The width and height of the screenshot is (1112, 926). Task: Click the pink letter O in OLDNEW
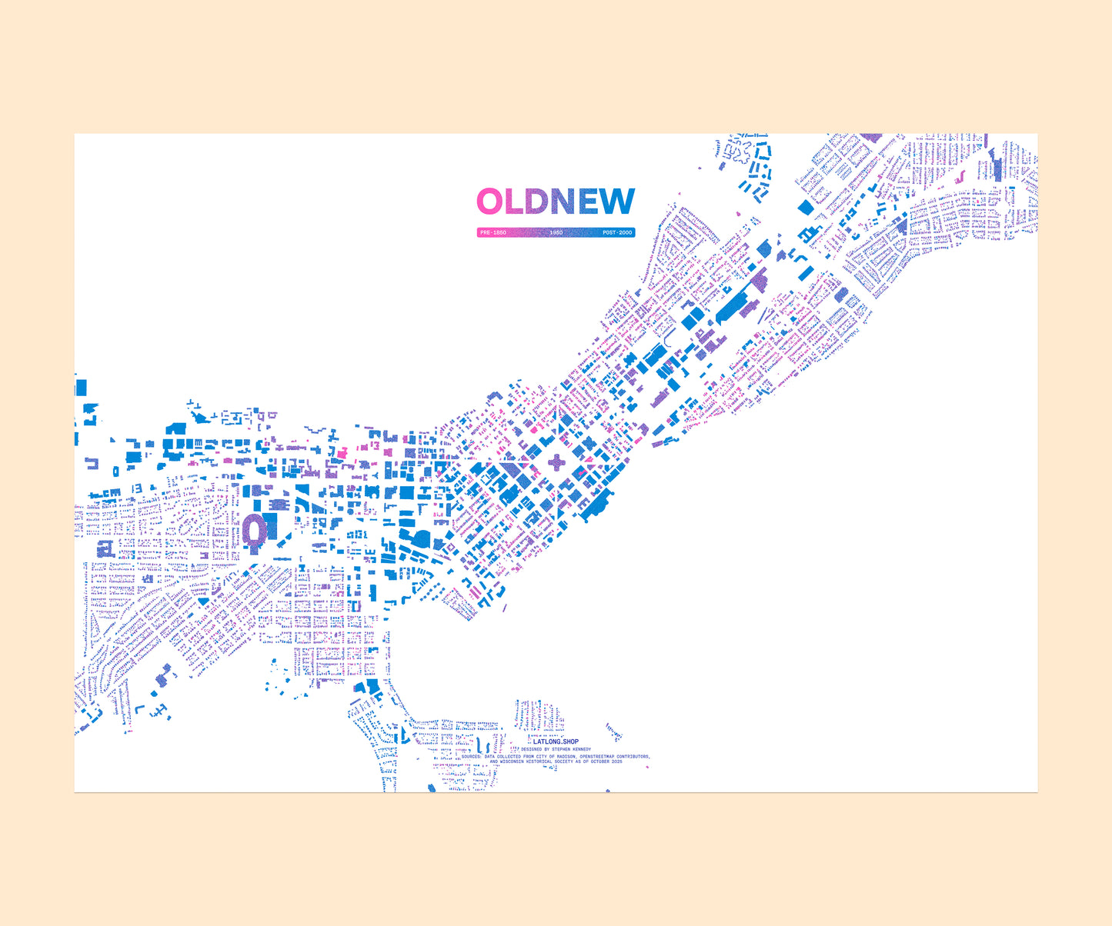[490, 202]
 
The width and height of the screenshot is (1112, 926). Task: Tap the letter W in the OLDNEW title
[617, 202]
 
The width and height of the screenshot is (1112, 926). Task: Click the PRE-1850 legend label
[493, 232]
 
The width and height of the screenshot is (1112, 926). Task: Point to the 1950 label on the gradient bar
[556, 232]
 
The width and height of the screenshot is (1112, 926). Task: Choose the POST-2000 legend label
[617, 232]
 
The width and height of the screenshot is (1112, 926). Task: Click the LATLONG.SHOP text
[556, 741]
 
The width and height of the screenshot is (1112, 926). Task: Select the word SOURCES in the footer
[471, 757]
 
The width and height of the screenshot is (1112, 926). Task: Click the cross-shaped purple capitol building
[556, 462]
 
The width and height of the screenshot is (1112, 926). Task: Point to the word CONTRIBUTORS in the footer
[633, 757]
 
